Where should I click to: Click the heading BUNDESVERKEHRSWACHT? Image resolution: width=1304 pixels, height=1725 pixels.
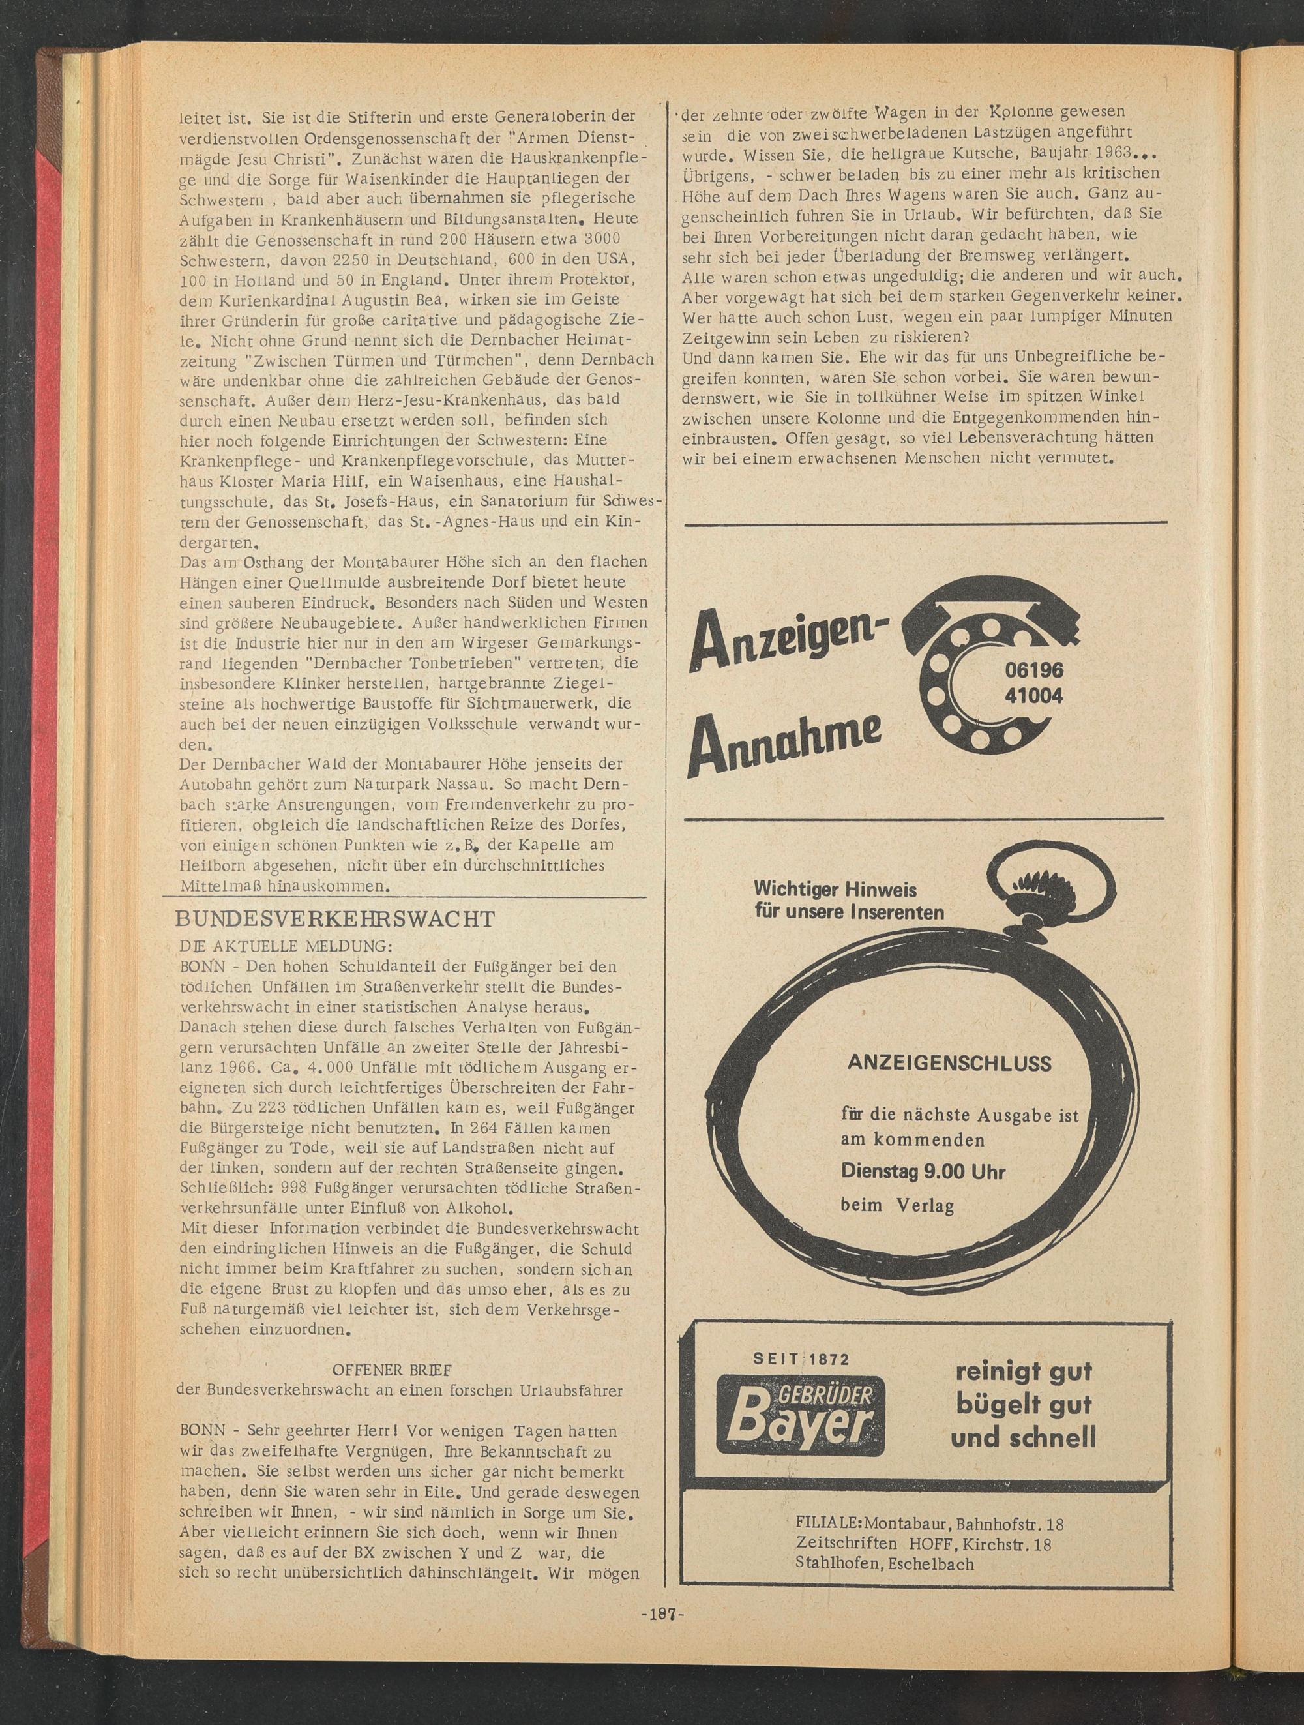(335, 919)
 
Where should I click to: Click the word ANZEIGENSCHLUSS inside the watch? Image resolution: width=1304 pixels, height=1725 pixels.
(949, 1063)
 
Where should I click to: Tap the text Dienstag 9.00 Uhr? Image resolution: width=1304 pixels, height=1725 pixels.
(923, 1171)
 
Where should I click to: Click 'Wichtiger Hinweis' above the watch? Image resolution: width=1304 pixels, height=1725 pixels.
(835, 890)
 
